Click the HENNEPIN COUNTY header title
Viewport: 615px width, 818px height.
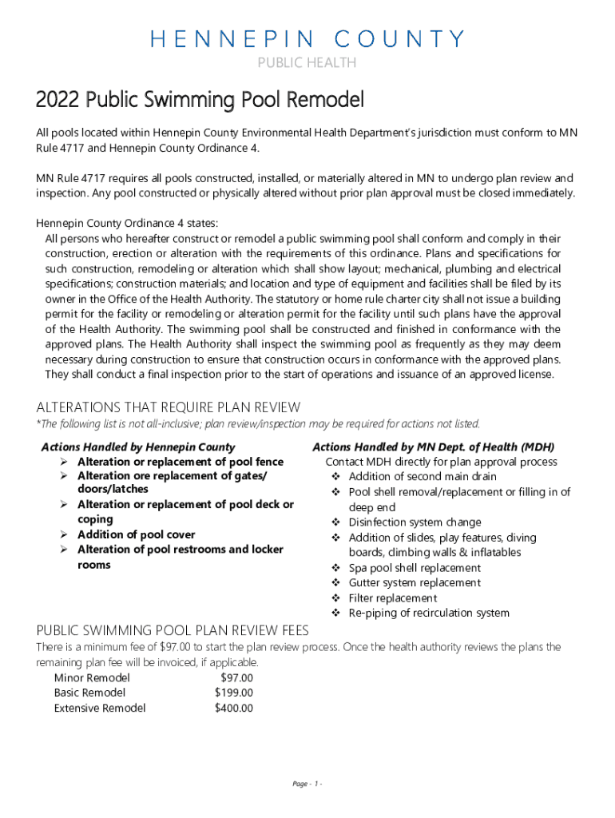307,39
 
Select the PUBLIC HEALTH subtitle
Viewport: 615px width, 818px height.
307,63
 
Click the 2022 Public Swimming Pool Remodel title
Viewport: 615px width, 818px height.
200,101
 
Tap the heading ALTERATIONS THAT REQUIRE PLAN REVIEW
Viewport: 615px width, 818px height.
169,407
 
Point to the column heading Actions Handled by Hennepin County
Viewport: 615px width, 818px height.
138,447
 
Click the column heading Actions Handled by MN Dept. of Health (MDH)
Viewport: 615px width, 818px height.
433,447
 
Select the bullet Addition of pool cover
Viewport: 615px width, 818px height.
136,534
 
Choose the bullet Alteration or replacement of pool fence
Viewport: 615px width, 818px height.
180,463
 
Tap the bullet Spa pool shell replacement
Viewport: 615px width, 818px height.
415,568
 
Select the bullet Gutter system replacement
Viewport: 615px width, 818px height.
415,583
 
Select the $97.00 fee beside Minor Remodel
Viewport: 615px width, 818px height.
236,678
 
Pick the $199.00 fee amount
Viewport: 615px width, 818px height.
234,693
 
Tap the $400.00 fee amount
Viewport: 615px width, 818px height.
234,708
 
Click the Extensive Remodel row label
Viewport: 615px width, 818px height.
100,708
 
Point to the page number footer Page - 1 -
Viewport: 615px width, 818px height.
307,784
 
